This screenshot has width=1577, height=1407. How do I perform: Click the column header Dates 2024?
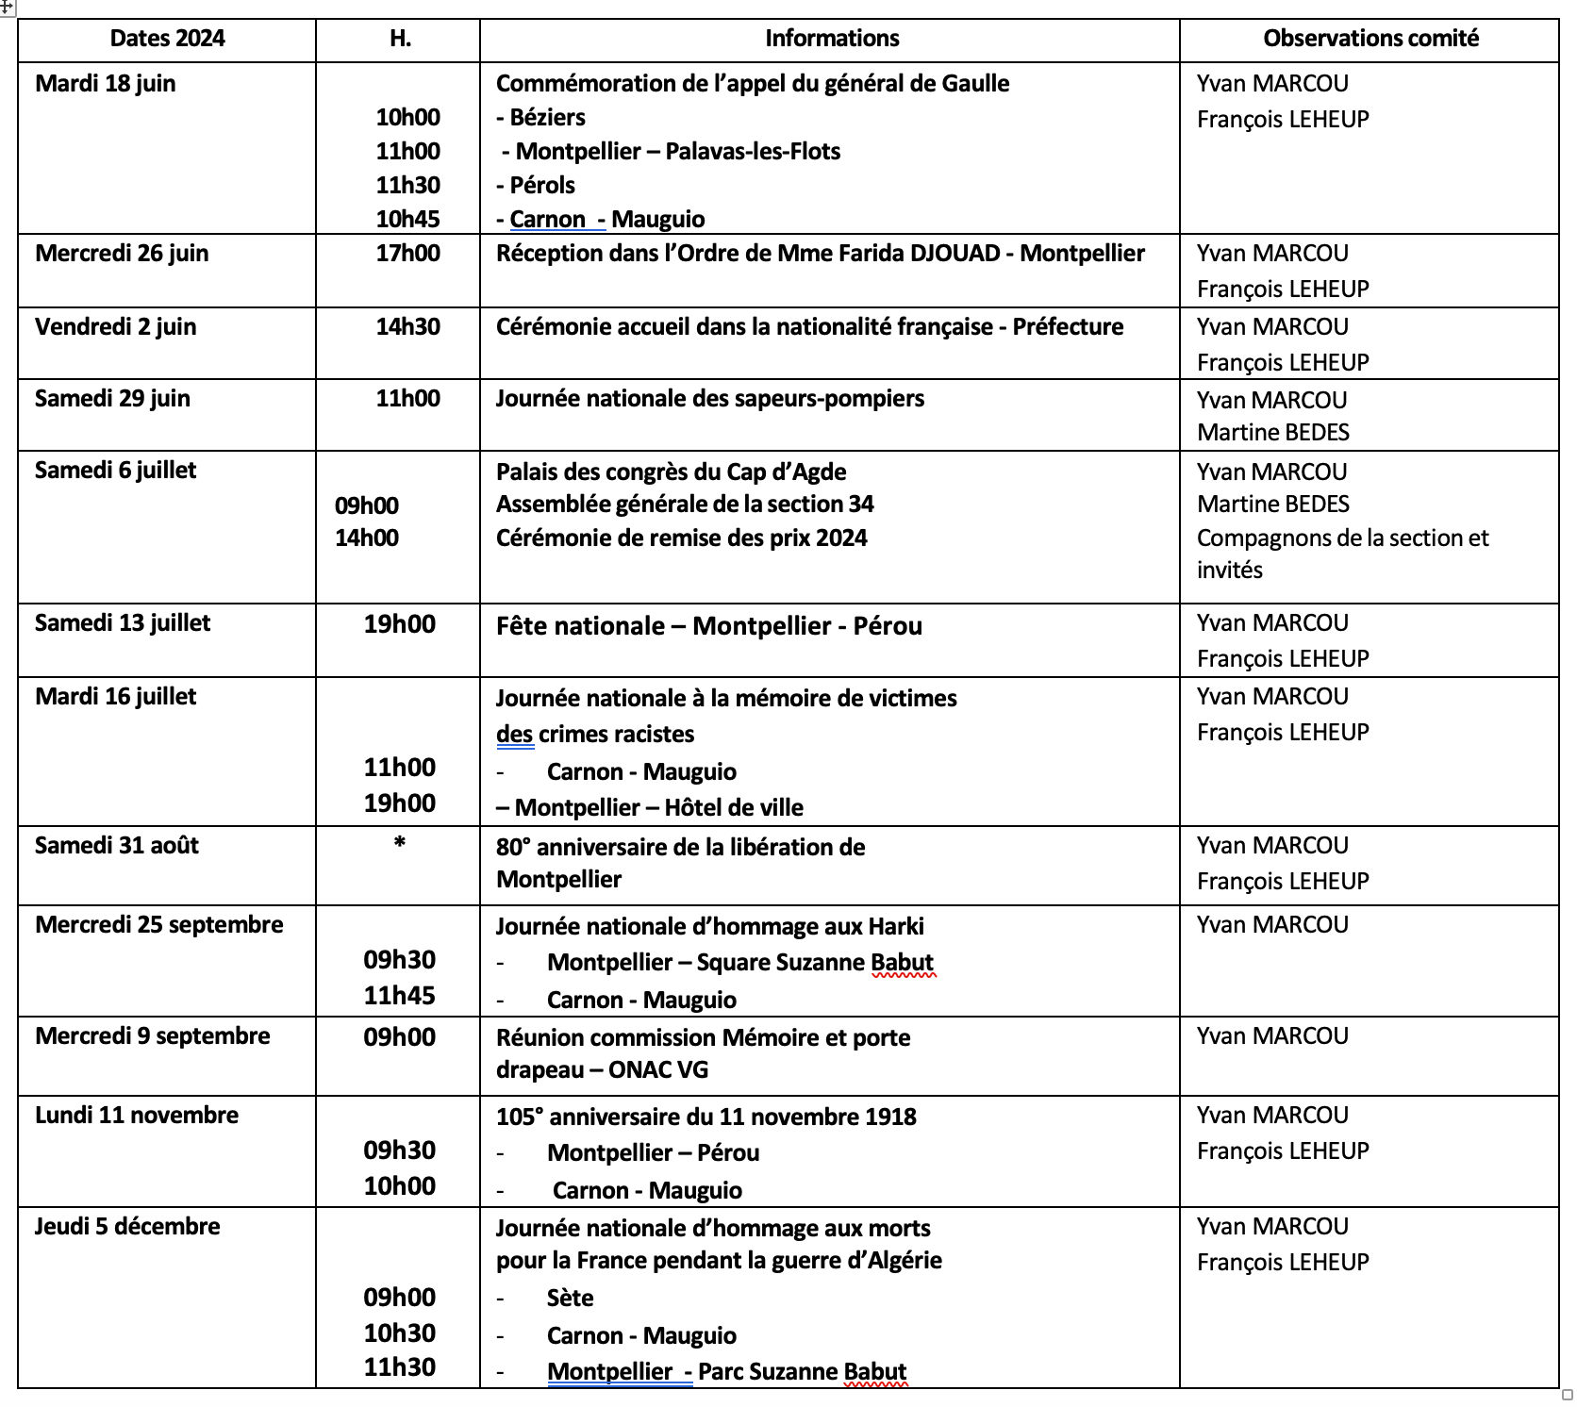coord(167,39)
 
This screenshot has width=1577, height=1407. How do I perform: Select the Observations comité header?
coord(1370,39)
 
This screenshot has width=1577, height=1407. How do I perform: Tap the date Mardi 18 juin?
coord(105,84)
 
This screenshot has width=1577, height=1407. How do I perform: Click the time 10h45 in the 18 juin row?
coord(407,219)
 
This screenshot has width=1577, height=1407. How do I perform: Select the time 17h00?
coord(407,254)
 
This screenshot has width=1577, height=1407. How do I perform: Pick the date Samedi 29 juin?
coord(112,399)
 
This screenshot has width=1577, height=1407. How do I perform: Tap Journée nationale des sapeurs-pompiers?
coord(709,399)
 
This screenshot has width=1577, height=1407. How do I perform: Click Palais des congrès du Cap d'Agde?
coord(671,472)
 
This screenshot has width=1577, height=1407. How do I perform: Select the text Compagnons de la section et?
coord(1342,538)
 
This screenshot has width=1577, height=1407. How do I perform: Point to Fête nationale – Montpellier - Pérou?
coord(708,626)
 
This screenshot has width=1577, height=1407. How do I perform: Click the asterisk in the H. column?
coord(400,843)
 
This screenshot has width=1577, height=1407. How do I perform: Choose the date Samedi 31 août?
coord(117,846)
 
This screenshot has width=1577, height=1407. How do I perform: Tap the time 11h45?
coord(399,996)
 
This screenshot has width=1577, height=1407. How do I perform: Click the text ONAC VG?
coord(657,1070)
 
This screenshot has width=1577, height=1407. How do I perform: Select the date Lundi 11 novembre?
coord(137,1116)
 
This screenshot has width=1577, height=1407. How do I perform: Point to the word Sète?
coord(570,1299)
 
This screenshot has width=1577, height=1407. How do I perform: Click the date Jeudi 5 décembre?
coord(127,1227)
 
